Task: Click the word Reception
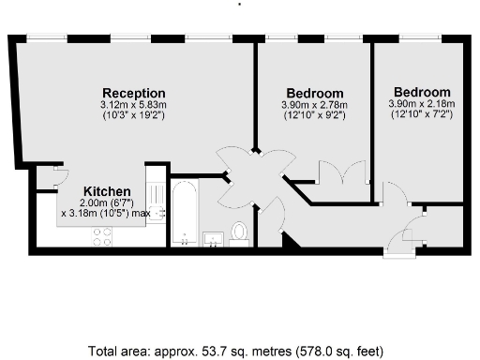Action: pos(134,93)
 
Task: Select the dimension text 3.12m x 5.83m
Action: pos(134,105)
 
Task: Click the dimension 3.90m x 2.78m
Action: pos(314,106)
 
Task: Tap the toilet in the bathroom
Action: pos(239,232)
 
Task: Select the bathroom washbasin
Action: pos(214,237)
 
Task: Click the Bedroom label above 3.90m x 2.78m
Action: pos(314,94)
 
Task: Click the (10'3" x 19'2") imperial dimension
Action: pos(134,116)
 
